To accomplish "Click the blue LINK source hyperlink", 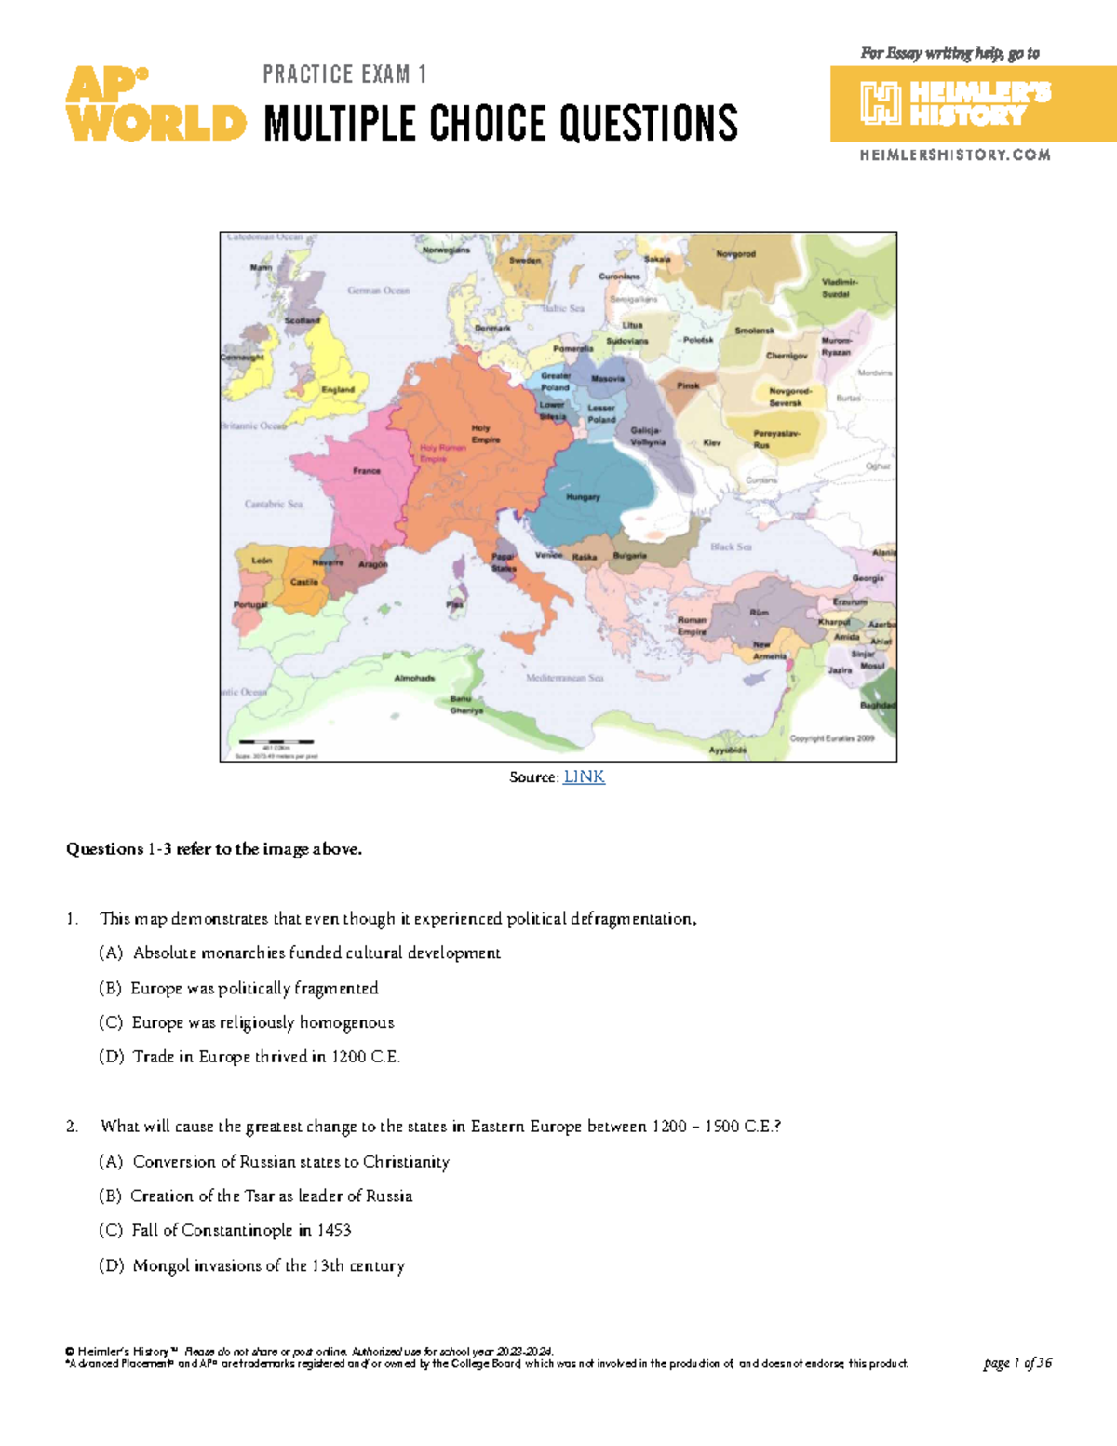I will point(585,777).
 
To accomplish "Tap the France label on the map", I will point(367,471).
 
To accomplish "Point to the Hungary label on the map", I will point(584,497).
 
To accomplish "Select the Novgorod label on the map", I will point(735,254).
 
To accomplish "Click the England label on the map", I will point(338,389).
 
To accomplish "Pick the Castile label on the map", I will point(304,582).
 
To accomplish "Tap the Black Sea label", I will point(731,547).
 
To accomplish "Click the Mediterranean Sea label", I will point(565,678).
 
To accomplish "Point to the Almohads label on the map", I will point(414,678).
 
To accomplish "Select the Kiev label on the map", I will point(712,443).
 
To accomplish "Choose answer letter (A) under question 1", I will point(111,953).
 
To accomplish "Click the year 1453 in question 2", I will point(334,1231).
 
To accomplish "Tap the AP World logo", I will point(155,104).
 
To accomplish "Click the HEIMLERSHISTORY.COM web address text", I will point(955,155).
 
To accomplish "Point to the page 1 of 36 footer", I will point(1017,1363).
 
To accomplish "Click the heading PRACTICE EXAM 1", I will point(344,74).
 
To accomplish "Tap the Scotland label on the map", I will point(302,320).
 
